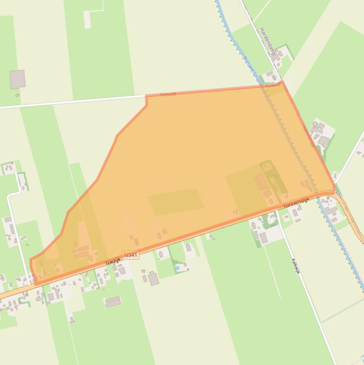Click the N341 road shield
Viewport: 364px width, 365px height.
(x=131, y=255)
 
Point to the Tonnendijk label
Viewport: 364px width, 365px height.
(x=296, y=203)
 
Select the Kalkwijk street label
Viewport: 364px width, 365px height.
(x=296, y=266)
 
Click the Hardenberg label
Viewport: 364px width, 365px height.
(x=267, y=41)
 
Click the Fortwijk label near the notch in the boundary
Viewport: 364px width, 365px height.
(x=168, y=94)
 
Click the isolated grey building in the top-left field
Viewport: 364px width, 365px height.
(x=18, y=79)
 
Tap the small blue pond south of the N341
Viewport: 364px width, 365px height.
(x=178, y=268)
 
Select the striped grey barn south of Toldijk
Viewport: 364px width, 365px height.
(x=113, y=301)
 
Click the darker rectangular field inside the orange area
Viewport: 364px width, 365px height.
(x=176, y=201)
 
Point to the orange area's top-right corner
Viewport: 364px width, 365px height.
(x=283, y=83)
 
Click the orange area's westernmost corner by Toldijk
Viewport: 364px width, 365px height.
(x=30, y=260)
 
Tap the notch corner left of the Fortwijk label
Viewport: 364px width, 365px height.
(x=146, y=96)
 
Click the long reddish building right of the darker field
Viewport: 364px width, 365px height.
(x=260, y=182)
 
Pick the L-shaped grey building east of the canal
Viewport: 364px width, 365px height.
(x=324, y=140)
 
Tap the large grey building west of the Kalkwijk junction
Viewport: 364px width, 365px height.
(x=263, y=237)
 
